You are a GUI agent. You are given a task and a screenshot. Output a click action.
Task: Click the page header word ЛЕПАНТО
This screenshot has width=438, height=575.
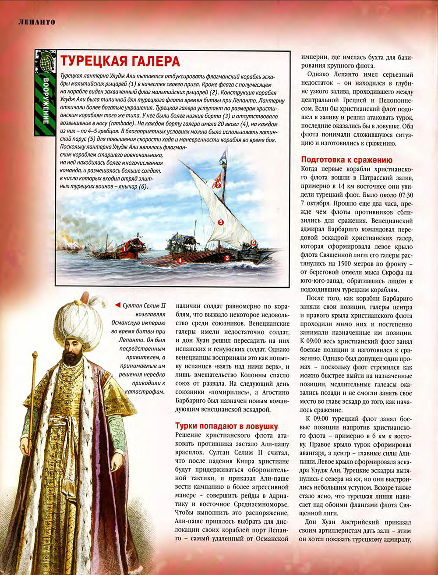(x=36, y=21)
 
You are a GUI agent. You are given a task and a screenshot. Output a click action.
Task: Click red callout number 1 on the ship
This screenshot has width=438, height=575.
(x=124, y=249)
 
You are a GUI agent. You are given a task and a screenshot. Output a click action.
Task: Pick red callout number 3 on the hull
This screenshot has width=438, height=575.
(x=227, y=258)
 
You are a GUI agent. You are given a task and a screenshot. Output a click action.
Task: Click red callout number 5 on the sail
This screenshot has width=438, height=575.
(x=221, y=222)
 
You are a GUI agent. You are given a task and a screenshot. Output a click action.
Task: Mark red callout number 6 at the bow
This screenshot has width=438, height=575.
(x=253, y=242)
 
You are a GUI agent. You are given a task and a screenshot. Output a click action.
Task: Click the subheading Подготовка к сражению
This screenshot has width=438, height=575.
(x=346, y=160)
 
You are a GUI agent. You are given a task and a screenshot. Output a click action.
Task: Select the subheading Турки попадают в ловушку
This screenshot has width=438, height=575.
(x=226, y=426)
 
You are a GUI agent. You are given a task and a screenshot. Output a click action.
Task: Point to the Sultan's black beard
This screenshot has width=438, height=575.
(x=71, y=357)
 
